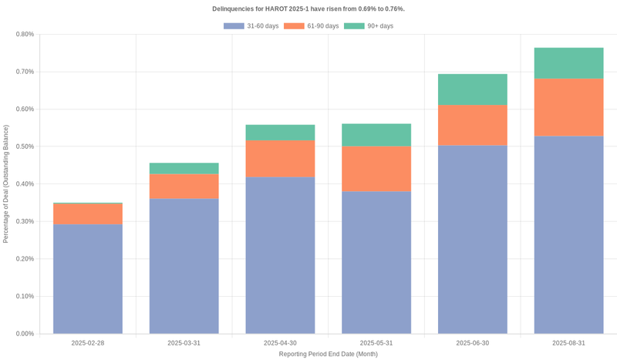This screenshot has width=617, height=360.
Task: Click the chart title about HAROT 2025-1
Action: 308,8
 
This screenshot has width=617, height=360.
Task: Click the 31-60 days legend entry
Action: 251,26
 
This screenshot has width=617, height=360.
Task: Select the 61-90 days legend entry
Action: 311,26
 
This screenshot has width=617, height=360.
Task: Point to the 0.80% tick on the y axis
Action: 24,34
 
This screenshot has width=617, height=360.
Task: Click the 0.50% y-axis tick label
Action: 24,146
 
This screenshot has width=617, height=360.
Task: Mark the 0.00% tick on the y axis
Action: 24,334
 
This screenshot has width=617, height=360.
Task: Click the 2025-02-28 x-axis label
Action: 88,343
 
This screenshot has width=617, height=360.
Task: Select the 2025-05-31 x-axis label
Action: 376,343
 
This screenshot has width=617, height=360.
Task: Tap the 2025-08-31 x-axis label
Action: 568,343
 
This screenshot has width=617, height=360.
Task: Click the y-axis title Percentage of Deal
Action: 6,183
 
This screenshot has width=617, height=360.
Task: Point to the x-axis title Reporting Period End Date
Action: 328,354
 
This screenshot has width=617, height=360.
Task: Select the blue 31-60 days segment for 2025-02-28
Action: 88,279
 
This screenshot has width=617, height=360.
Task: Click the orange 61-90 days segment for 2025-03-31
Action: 184,187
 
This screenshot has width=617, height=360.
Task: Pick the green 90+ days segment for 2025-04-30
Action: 280,133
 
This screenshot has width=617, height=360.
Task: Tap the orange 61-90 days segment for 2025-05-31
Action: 376,169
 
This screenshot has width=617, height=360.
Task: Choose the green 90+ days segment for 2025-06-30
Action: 473,89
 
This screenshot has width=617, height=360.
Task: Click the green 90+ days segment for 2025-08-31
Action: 568,63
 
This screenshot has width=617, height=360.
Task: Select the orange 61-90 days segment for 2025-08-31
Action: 568,107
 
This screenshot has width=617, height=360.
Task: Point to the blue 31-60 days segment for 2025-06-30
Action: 473,239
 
